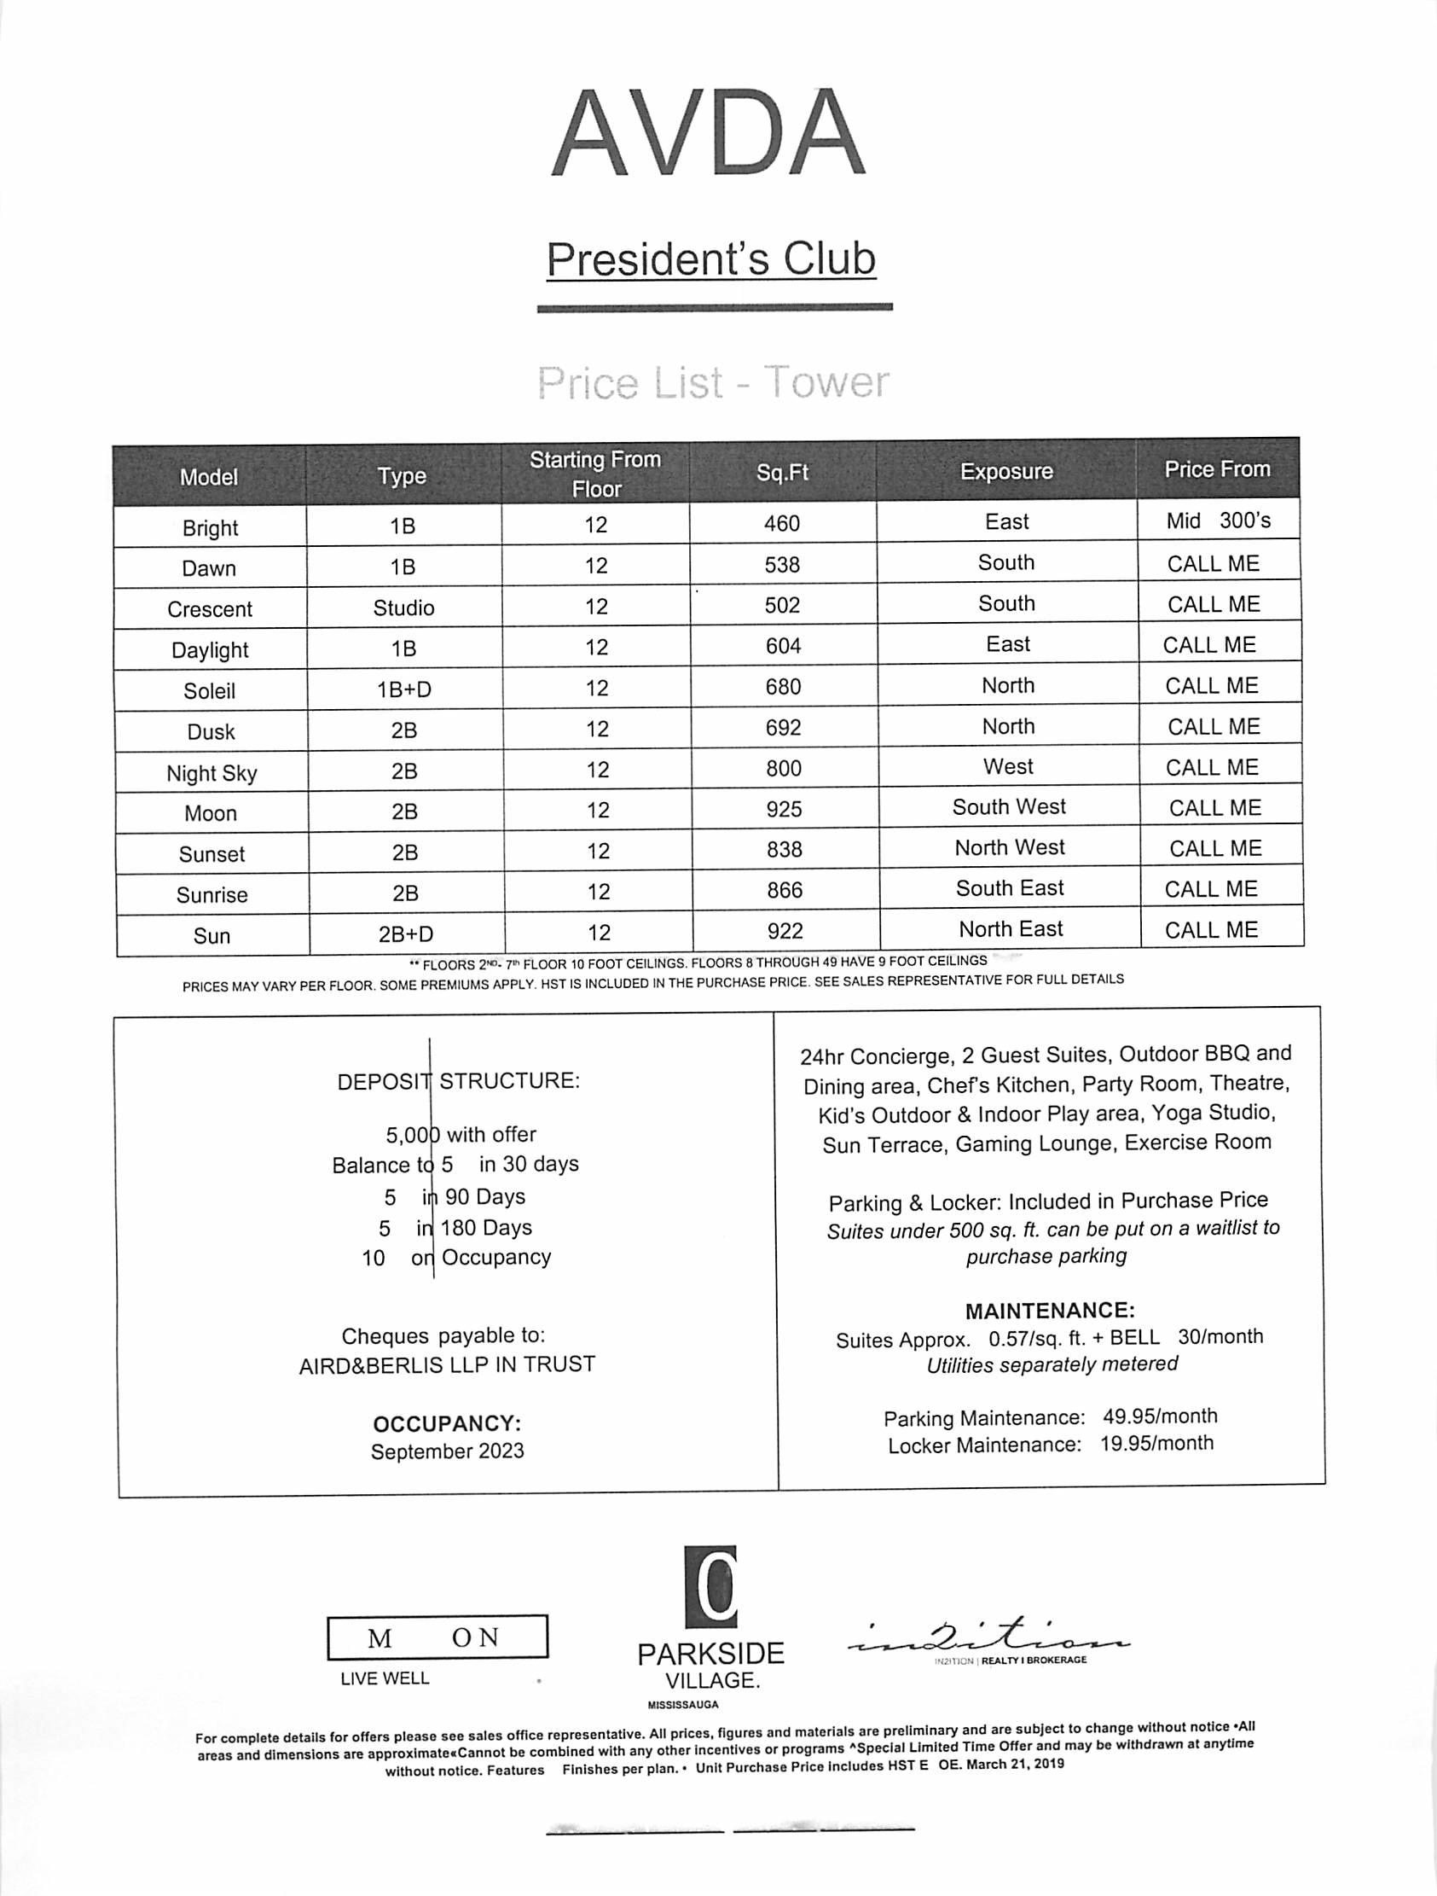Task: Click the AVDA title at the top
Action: [x=708, y=134]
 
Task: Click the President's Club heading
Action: [x=711, y=259]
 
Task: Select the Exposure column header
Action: [x=1006, y=471]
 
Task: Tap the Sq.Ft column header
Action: [x=782, y=472]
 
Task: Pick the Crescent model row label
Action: [x=210, y=609]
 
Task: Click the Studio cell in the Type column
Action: [x=403, y=608]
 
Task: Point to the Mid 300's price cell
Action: [x=1218, y=521]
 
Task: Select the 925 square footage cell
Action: [x=784, y=809]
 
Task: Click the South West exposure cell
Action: [x=1009, y=806]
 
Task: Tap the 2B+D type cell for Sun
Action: [x=406, y=933]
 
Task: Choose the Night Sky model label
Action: [x=211, y=773]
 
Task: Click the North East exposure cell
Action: [x=1011, y=929]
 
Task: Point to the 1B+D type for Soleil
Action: [x=404, y=689]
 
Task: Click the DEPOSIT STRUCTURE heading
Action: [x=459, y=1081]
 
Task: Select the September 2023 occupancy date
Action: [x=447, y=1451]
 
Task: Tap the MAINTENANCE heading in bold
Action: [x=1050, y=1311]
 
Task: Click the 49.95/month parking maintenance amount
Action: [x=1159, y=1416]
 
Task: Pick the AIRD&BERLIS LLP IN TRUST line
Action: [x=446, y=1364]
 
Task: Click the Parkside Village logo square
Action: [x=710, y=1586]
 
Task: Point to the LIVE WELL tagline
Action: [x=385, y=1678]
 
